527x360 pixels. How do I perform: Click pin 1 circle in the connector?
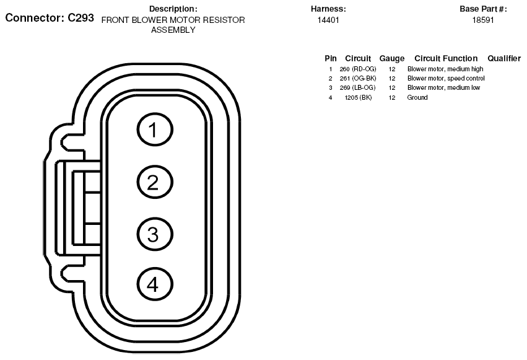click(155, 130)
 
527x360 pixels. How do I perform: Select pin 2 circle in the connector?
click(155, 182)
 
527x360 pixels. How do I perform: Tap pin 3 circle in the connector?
click(155, 234)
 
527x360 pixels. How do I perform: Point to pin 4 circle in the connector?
click(155, 284)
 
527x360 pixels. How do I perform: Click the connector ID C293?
click(81, 17)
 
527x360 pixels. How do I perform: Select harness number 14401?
click(328, 20)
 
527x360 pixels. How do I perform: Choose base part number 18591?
click(483, 20)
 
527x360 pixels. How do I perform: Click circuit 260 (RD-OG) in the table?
click(357, 69)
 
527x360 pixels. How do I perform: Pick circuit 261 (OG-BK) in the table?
click(357, 78)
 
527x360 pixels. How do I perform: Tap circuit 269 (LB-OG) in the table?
click(357, 88)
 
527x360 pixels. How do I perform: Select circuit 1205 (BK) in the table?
click(359, 97)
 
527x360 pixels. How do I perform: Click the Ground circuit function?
click(417, 97)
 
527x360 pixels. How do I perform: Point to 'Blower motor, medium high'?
click(445, 69)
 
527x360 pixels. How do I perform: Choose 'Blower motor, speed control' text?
click(446, 78)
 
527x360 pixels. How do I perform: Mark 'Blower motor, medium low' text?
click(443, 88)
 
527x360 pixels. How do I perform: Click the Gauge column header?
click(392, 59)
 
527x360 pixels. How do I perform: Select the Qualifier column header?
click(504, 58)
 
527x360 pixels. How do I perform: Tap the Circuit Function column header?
click(446, 58)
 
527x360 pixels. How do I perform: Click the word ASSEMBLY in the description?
click(173, 30)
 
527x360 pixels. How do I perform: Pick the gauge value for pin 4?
click(392, 97)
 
